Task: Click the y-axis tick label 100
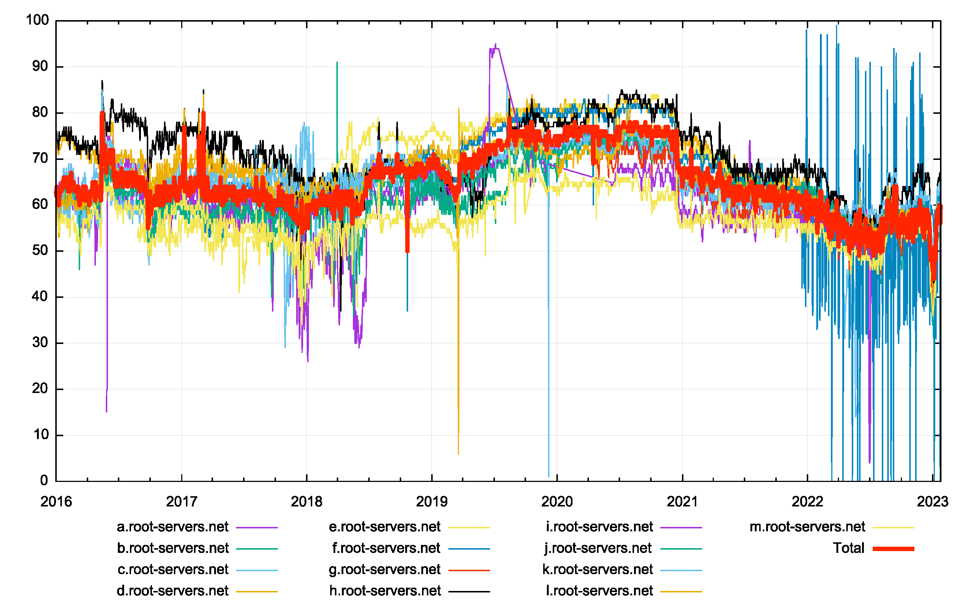coord(37,20)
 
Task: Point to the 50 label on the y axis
coord(40,251)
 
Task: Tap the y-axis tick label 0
coord(44,480)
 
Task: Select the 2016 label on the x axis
coord(56,502)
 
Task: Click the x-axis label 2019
coord(432,502)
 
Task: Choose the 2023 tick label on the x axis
coord(932,502)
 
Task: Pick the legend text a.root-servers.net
coord(172,527)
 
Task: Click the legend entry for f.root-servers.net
coord(386,548)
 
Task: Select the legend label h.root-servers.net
coord(385,591)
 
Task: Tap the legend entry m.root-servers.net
coord(807,527)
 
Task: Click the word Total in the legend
coord(848,548)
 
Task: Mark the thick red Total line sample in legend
coord(894,549)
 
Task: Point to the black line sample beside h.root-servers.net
coord(469,592)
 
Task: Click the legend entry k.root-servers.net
coord(598,569)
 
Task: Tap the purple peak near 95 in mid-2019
coord(495,44)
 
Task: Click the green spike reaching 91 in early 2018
coord(337,63)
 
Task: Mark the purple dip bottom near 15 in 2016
coord(106,411)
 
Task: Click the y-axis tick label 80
coord(40,113)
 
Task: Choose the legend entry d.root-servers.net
coord(172,591)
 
